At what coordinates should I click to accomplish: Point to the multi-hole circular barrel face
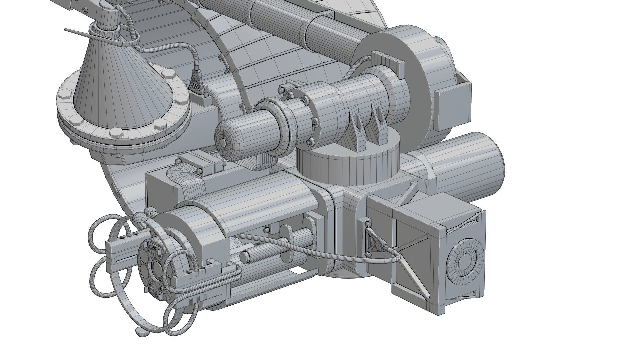tap(154, 267)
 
